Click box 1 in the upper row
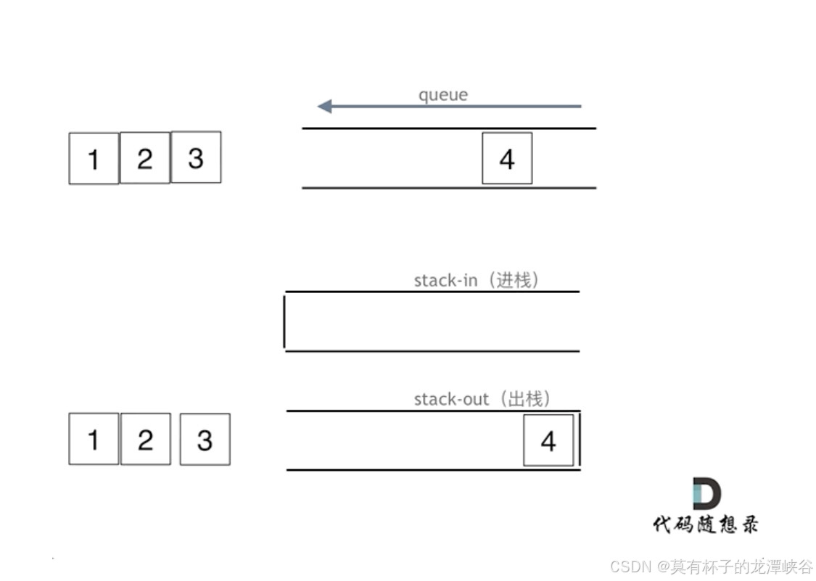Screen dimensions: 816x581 (x=94, y=158)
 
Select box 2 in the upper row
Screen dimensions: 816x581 (x=145, y=157)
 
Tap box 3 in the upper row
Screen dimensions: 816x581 (x=196, y=157)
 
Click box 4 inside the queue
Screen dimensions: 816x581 (x=507, y=158)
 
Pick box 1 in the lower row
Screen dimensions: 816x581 (x=94, y=439)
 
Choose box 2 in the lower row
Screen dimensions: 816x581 (x=146, y=439)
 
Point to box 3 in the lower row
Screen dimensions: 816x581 (x=205, y=439)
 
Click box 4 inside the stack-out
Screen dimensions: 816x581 (x=548, y=440)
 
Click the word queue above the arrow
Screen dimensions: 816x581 (x=443, y=95)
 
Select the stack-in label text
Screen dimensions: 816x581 (x=445, y=281)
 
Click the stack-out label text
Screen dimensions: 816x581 (x=450, y=399)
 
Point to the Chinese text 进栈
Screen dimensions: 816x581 (x=514, y=281)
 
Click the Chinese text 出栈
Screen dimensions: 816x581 (x=526, y=399)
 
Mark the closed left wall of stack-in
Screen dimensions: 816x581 (x=284, y=321)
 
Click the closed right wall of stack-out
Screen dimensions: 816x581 (x=580, y=440)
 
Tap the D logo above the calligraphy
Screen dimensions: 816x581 (x=706, y=493)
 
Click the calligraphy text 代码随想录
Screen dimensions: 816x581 (x=705, y=524)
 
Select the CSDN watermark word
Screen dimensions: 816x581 (x=631, y=566)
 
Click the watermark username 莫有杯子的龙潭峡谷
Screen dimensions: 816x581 (x=741, y=566)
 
